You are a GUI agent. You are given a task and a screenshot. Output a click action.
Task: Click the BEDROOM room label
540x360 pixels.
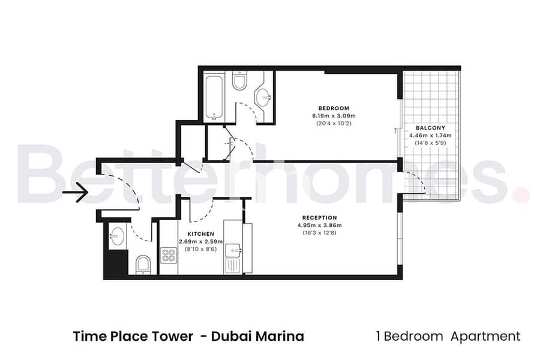tap(334, 108)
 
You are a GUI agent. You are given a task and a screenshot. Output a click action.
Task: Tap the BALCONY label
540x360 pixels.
tap(430, 128)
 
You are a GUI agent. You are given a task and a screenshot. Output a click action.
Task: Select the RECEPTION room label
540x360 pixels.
tap(320, 218)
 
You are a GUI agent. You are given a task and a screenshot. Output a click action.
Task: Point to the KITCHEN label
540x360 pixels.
tap(201, 234)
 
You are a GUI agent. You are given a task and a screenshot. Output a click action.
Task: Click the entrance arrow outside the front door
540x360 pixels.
tap(75, 191)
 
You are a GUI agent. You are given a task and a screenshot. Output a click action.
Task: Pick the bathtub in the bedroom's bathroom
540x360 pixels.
tap(214, 97)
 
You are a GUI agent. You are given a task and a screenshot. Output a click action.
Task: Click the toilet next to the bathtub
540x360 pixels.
tap(239, 81)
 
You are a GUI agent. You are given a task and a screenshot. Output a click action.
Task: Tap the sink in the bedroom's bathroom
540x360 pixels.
tap(264, 97)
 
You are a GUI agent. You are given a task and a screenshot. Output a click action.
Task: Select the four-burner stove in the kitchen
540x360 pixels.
tap(169, 255)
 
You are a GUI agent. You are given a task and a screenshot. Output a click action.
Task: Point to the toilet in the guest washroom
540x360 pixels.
tap(143, 265)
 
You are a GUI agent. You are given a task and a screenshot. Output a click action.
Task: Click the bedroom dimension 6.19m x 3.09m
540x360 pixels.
tap(334, 116)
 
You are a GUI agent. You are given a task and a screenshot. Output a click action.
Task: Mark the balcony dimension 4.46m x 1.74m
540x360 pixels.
tap(430, 136)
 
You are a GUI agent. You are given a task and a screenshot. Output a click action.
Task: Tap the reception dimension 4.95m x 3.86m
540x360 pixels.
tap(320, 226)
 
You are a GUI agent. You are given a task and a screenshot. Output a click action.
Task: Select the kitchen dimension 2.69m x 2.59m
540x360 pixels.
tap(201, 241)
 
